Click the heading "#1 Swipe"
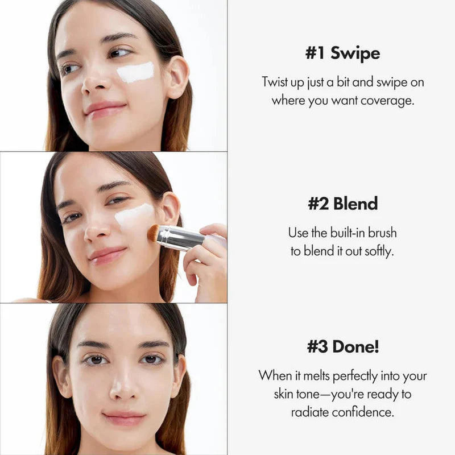342,54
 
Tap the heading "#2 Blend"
342,204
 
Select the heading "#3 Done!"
342,346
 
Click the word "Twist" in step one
276,82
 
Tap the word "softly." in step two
377,251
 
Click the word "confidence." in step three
363,412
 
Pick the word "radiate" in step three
311,412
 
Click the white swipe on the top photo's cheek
135,72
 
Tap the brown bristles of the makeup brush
153,233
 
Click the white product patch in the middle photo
134,216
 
